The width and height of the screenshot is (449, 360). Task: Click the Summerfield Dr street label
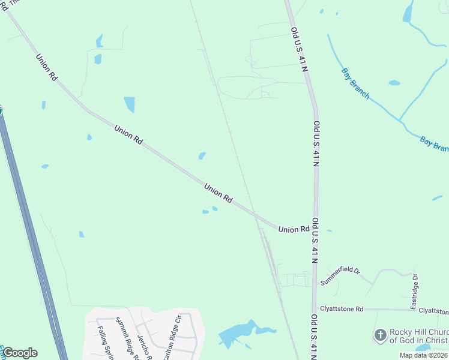coord(340,275)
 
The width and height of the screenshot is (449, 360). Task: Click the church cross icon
coord(379,335)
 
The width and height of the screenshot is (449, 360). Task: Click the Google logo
coord(20,353)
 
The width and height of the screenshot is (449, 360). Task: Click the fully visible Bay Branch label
coord(355,83)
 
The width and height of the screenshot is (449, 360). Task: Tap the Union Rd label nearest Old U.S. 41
coord(294,229)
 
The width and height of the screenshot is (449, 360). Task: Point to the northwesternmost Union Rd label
coord(46,68)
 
